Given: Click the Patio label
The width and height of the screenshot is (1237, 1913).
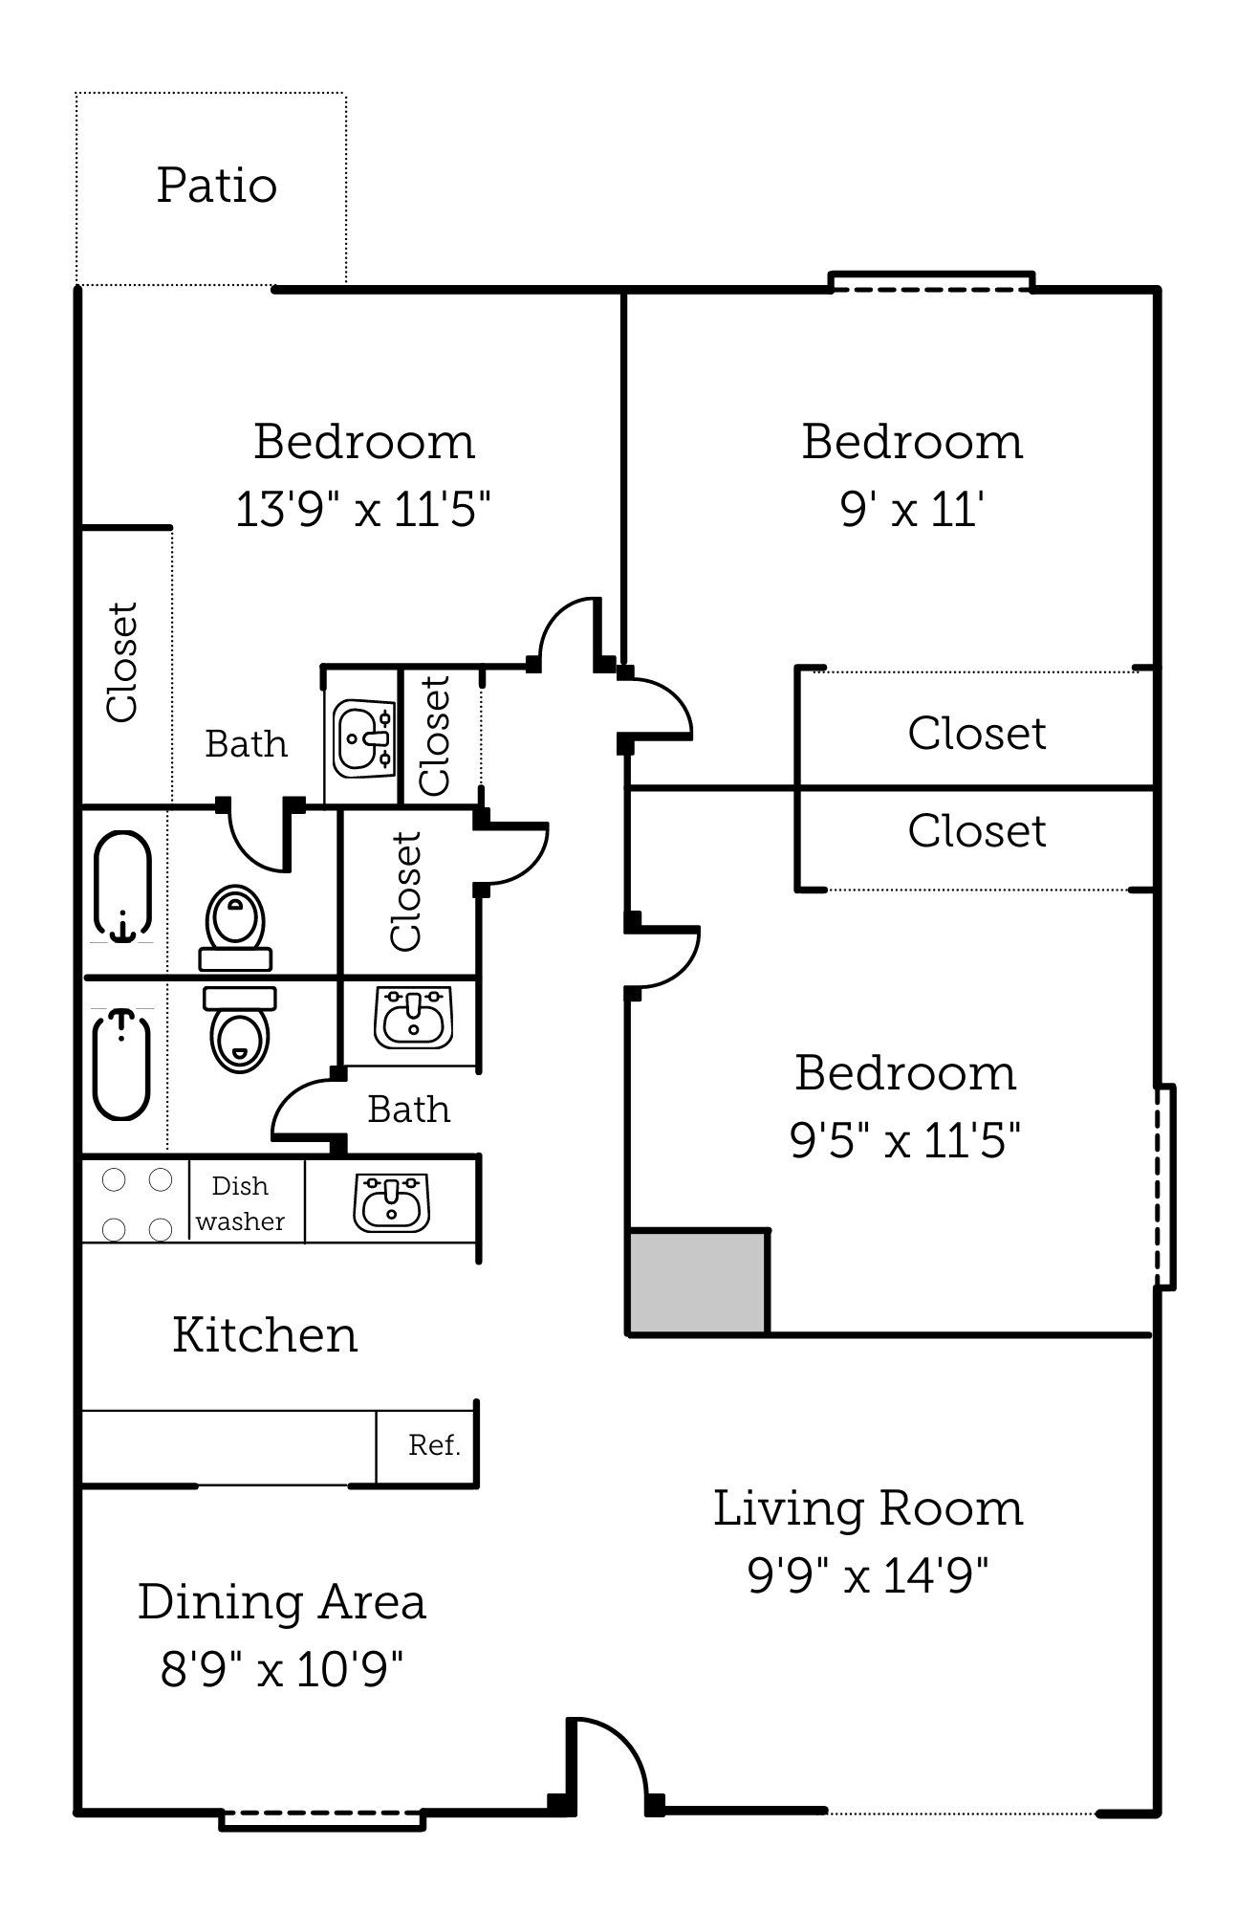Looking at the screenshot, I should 217,186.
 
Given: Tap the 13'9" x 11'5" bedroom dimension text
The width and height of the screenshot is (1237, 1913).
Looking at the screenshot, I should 363,510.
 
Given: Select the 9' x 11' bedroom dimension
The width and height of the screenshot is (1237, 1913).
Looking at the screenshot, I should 912,510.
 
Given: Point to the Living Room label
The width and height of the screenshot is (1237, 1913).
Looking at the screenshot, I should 868,1508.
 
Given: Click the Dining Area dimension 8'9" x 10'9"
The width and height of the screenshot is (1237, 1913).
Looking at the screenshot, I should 282,1670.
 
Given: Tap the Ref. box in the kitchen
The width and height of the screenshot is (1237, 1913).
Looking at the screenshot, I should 434,1445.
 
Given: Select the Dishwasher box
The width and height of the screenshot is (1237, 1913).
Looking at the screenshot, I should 241,1203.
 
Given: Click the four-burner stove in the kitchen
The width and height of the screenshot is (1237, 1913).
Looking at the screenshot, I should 137,1203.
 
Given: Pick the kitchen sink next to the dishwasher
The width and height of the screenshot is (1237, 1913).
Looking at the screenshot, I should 391,1203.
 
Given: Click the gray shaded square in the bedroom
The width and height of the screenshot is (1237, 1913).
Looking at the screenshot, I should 698,1282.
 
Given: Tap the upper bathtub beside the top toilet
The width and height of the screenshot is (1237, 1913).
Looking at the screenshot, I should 122,886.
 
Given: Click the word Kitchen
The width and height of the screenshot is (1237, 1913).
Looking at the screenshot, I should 265,1335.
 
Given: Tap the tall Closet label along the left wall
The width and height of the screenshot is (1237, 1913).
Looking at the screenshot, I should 122,662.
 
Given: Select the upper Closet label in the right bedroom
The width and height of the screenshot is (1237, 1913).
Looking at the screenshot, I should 976,734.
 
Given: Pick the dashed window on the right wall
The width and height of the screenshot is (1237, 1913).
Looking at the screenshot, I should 1163,1186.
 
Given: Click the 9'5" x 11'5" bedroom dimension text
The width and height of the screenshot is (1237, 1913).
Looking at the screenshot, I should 905,1140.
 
